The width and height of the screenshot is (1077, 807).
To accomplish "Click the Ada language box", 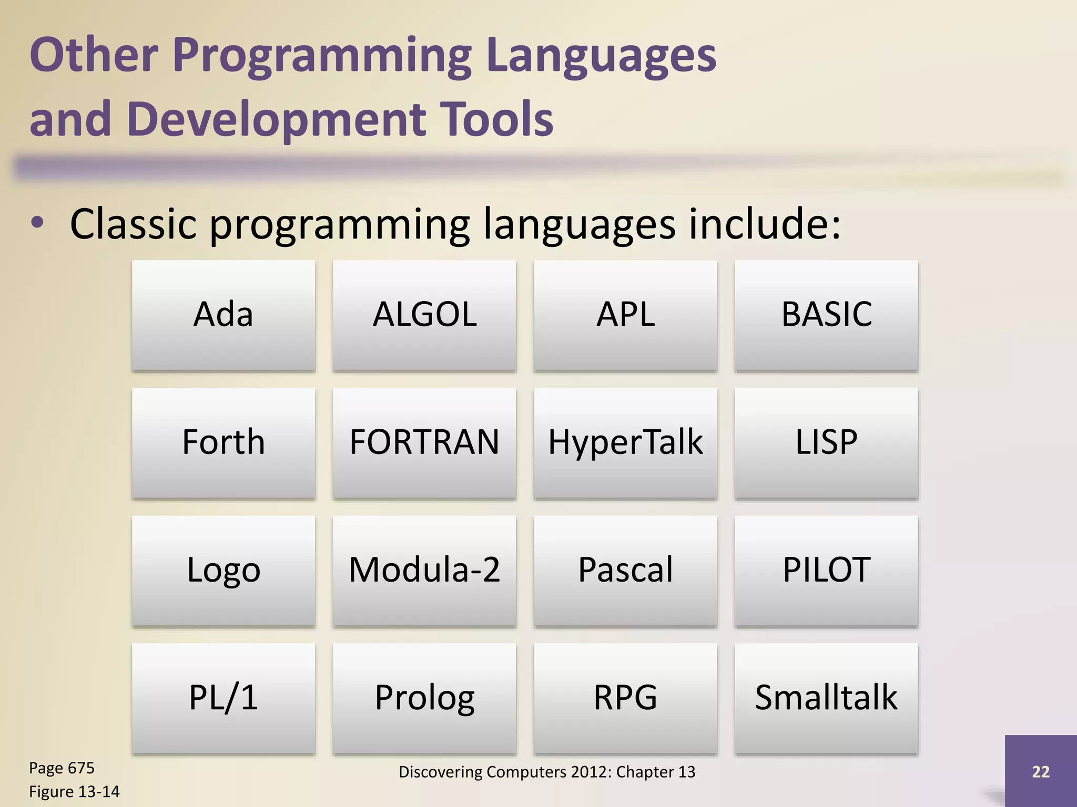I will pyautogui.click(x=223, y=315).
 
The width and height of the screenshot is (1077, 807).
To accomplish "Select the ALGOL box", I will pyautogui.click(x=424, y=315).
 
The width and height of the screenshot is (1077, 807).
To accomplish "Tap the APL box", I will pyautogui.click(x=625, y=315).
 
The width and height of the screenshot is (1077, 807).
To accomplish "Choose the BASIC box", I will pyautogui.click(x=826, y=315).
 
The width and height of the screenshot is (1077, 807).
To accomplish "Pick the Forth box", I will pyautogui.click(x=223, y=442).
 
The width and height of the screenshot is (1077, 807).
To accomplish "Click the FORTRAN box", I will pyautogui.click(x=424, y=442).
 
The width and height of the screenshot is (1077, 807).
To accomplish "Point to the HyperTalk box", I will pyautogui.click(x=625, y=442).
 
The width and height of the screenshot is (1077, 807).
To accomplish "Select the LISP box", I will pyautogui.click(x=826, y=442).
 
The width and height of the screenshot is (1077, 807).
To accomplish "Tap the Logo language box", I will pyautogui.click(x=223, y=570).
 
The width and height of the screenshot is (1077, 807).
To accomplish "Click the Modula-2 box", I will pyautogui.click(x=424, y=570).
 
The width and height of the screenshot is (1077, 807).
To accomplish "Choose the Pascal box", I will pyautogui.click(x=625, y=570).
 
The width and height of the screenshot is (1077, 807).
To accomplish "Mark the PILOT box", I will pyautogui.click(x=826, y=570).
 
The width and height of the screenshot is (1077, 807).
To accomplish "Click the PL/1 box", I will pyautogui.click(x=223, y=698).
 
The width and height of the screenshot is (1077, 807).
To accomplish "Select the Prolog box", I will pyautogui.click(x=424, y=698).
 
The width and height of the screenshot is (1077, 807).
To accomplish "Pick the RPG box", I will pyautogui.click(x=625, y=698).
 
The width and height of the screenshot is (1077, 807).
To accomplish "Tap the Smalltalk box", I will pyautogui.click(x=826, y=698).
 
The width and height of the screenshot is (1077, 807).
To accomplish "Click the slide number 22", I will pyautogui.click(x=1040, y=771).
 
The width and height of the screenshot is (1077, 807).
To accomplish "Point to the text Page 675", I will pyautogui.click(x=62, y=768).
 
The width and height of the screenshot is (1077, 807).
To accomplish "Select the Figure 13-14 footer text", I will pyautogui.click(x=74, y=792).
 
